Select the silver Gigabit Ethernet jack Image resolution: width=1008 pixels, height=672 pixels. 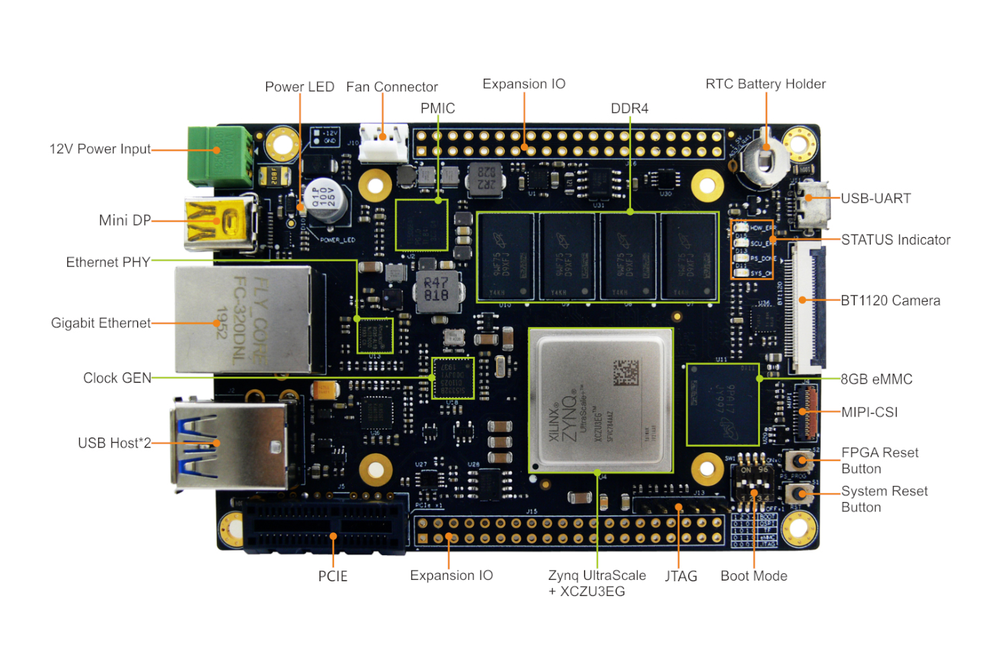pos(242,320)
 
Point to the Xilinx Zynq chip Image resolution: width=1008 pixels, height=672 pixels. pos(600,401)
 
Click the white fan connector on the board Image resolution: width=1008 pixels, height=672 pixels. pos(383,142)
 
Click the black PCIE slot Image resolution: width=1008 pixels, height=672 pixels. pos(326,526)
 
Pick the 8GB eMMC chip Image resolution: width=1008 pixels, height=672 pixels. pos(722,404)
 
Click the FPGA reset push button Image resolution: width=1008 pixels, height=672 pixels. pos(800,461)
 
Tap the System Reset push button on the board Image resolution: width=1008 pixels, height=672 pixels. pos(800,494)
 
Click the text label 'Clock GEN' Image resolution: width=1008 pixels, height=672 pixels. pos(117,378)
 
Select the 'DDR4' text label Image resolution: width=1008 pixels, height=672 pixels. pos(629,108)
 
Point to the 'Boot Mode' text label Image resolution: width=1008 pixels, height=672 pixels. pos(753,576)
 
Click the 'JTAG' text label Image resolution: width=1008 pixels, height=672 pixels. pos(681,576)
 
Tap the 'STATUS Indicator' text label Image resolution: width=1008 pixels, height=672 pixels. pos(895,240)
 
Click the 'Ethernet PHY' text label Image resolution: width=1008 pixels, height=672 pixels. pos(108,262)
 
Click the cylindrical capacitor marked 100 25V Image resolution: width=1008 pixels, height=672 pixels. pos(325,199)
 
